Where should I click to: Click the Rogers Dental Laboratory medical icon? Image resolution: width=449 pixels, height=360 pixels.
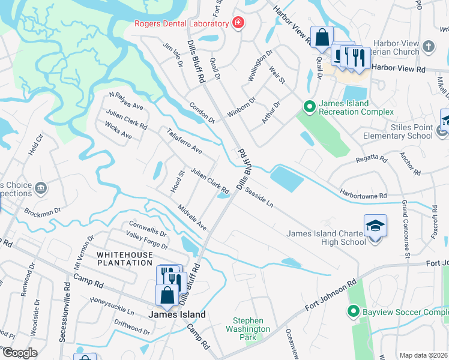[x=239, y=23]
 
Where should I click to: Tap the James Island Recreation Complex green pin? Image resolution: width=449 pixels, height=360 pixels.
[x=310, y=107]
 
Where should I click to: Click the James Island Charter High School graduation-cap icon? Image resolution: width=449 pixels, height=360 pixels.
[x=375, y=226]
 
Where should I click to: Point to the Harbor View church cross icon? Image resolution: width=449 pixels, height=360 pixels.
[x=428, y=46]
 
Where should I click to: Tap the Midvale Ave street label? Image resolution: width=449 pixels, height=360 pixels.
[x=192, y=217]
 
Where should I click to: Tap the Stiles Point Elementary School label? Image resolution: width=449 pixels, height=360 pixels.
[x=397, y=131]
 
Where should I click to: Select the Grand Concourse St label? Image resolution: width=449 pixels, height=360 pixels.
[x=406, y=229]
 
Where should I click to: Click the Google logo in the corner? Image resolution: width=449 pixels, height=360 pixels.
[x=19, y=353]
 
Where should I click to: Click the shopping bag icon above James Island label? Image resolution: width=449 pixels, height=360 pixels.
[x=166, y=295]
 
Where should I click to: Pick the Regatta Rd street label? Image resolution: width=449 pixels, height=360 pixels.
[x=373, y=158]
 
